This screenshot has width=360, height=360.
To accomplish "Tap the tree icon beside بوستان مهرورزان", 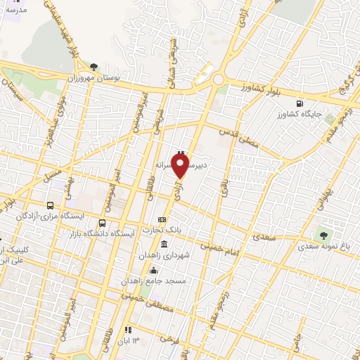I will [x=94, y=67].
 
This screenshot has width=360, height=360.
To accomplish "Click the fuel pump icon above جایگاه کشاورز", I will [x=301, y=103].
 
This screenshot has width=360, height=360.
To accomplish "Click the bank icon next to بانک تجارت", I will [x=162, y=219].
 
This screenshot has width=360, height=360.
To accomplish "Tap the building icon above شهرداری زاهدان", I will [x=164, y=244].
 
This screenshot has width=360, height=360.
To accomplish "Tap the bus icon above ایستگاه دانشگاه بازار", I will [x=103, y=224].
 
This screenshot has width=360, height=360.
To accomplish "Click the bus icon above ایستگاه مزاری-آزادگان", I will [x=49, y=205].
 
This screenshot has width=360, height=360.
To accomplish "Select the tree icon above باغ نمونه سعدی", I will [x=323, y=236].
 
